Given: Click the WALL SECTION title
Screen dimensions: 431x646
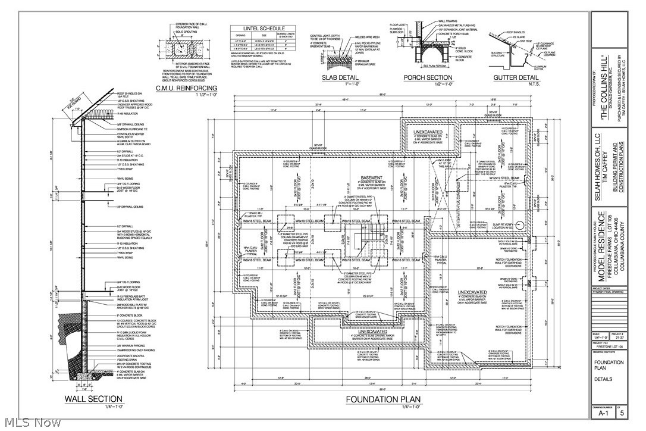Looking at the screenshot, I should (x=93, y=399).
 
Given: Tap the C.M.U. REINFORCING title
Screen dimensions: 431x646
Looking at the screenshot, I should (x=186, y=89).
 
